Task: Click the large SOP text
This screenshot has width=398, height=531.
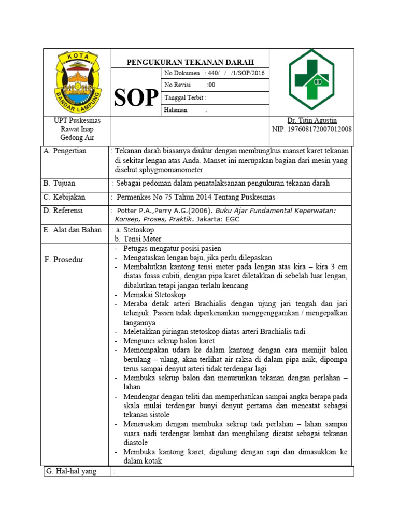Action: [136, 97]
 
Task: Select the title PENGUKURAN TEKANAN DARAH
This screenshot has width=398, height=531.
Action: [190, 62]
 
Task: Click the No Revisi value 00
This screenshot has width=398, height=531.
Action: [211, 85]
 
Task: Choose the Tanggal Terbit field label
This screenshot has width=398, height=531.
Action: [185, 97]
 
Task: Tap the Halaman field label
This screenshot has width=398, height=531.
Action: [177, 110]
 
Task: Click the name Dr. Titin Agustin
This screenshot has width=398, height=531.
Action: [311, 120]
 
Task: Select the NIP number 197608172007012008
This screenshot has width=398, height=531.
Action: [311, 129]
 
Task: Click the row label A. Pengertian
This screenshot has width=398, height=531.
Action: [65, 151]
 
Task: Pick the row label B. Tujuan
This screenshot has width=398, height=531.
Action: [60, 184]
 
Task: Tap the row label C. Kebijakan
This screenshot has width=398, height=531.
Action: [65, 198]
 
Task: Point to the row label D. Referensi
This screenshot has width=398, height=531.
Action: [64, 211]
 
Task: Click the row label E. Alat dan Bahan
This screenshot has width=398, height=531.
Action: [73, 230]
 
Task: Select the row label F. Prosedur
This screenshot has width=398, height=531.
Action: [64, 259]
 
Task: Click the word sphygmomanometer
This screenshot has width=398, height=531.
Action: [159, 170]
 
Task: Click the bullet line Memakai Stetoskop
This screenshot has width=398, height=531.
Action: [150, 295]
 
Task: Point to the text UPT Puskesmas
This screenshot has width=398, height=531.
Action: [77, 120]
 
